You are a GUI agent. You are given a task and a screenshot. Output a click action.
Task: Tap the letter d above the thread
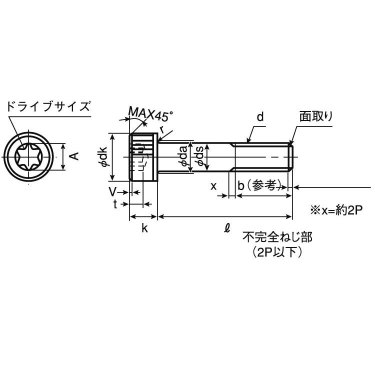coord(260,118)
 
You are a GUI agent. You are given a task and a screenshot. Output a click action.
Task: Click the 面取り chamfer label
coord(316,116)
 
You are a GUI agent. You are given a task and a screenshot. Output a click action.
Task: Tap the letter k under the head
coord(144,228)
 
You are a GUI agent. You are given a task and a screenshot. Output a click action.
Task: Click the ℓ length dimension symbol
coord(226,228)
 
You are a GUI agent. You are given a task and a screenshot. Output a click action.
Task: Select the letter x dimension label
coord(213,186)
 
